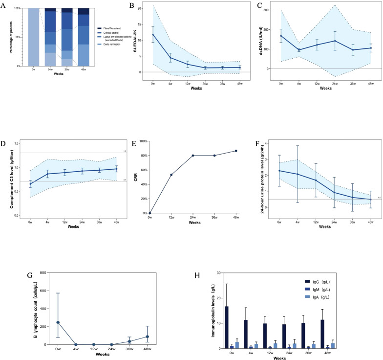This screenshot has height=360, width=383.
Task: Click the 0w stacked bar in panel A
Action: coord(33,37)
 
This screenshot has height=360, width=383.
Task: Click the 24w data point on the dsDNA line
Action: coord(335,41)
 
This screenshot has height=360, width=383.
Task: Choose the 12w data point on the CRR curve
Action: coord(171,175)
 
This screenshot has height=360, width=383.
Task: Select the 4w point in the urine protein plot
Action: coord(297,174)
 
